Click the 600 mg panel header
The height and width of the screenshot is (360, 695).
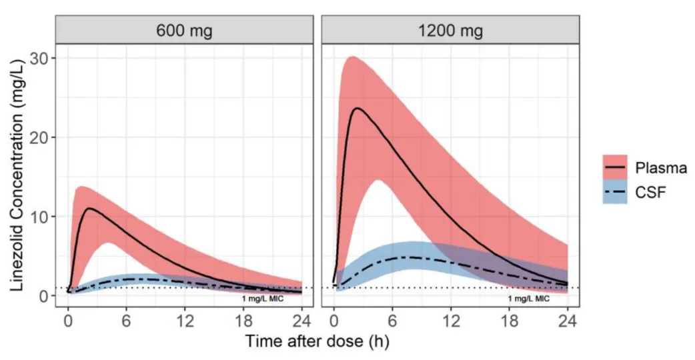point(184,31)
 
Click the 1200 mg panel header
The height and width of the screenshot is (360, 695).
point(451,31)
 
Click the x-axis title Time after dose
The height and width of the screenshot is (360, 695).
point(316,342)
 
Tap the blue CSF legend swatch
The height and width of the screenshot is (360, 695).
point(618,193)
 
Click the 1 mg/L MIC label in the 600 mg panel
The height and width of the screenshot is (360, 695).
point(262,299)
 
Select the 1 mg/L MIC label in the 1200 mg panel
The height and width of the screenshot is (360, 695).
point(529,299)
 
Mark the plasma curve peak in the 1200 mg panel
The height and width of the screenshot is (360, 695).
point(358,108)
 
